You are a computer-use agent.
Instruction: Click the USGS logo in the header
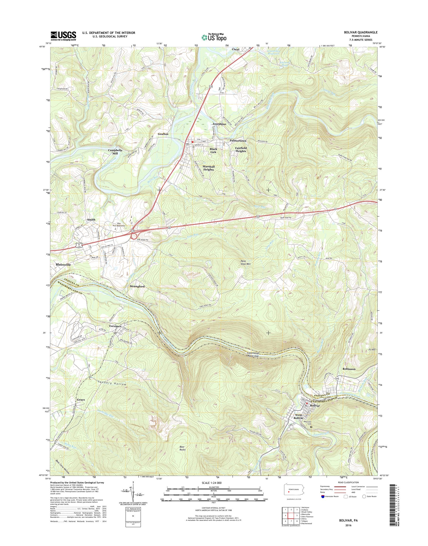[63, 36]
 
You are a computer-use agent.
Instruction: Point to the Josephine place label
[219, 124]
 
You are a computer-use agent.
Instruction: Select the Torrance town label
[115, 326]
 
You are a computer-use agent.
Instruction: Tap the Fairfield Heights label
[241, 149]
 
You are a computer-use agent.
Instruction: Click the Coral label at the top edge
[236, 49]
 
